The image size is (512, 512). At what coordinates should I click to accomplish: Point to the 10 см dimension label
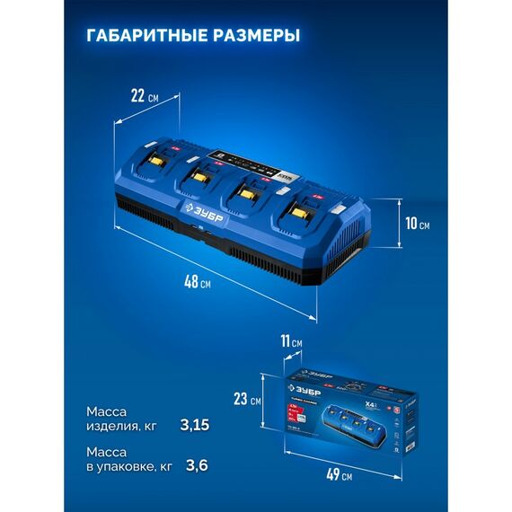pos(416,223)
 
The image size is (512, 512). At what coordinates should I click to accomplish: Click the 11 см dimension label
pos(291,342)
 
